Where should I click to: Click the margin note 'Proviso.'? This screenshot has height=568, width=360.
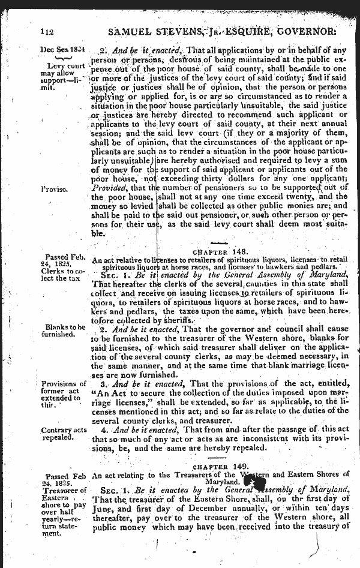[x=56, y=188]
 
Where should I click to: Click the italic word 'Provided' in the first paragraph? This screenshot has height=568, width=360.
[x=108, y=189]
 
